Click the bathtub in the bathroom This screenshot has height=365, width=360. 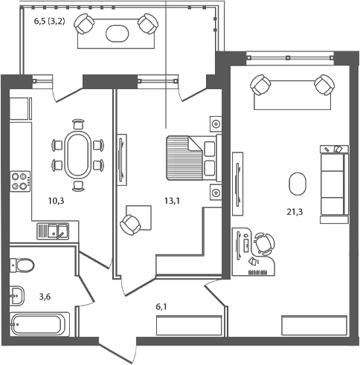pos(40,325)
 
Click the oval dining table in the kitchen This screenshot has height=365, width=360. pos(77,153)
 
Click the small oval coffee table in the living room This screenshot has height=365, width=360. pos(297,183)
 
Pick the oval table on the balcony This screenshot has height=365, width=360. pos(117,33)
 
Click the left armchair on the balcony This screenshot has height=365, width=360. pos(86,26)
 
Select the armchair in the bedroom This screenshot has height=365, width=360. pos(132,222)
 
